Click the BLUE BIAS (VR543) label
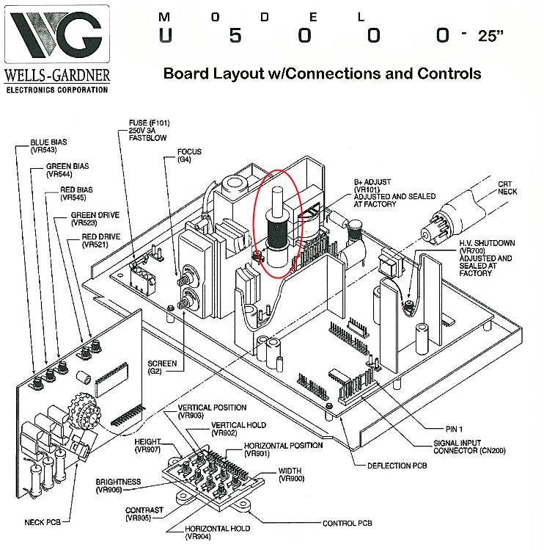tap(48, 146)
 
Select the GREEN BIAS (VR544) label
tap(68, 170)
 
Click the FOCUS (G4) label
tap(188, 156)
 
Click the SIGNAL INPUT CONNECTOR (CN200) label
tap(468, 446)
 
